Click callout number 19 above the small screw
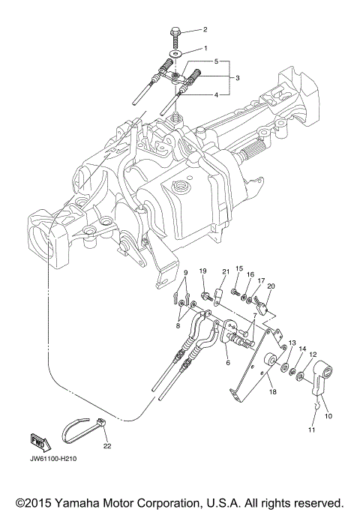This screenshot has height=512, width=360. (x=202, y=271)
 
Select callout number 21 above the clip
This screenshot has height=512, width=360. (x=224, y=271)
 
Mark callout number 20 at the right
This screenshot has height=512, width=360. (x=271, y=286)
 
